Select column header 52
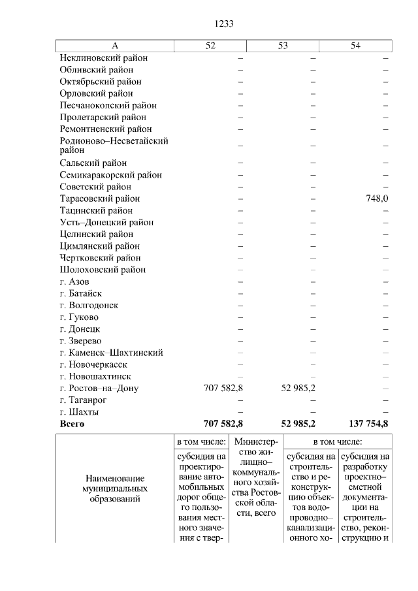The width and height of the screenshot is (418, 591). click(210, 45)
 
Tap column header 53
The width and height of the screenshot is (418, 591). click(283, 45)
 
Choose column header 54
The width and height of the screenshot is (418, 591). click(356, 45)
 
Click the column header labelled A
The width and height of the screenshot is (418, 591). click(115, 45)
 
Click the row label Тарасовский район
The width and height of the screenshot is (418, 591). click(100, 199)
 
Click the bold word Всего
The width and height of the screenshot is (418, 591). click(72, 424)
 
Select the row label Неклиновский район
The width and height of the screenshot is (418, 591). click(103, 57)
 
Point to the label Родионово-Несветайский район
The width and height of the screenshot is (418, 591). click(114, 145)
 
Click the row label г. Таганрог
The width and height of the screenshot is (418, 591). click(84, 400)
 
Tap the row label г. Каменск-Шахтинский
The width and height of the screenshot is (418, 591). click(111, 353)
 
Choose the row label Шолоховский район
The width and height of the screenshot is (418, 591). click(103, 270)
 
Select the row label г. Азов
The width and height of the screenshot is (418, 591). click(74, 281)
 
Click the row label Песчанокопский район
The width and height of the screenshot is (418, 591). click(108, 105)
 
